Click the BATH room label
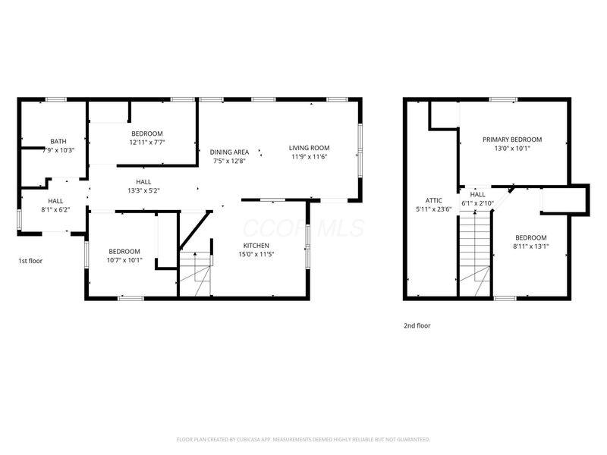tap(58, 141)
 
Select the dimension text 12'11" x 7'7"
tap(147, 142)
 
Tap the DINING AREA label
tap(229, 152)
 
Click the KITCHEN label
tap(256, 246)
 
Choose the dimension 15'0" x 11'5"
tap(256, 255)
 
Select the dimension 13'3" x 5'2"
tap(143, 190)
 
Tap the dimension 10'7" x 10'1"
tap(124, 261)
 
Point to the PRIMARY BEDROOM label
tap(513, 140)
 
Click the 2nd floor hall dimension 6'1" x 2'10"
tap(477, 203)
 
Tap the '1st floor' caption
tap(30, 260)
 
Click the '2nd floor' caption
tap(416, 325)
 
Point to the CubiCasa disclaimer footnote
tap(303, 439)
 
